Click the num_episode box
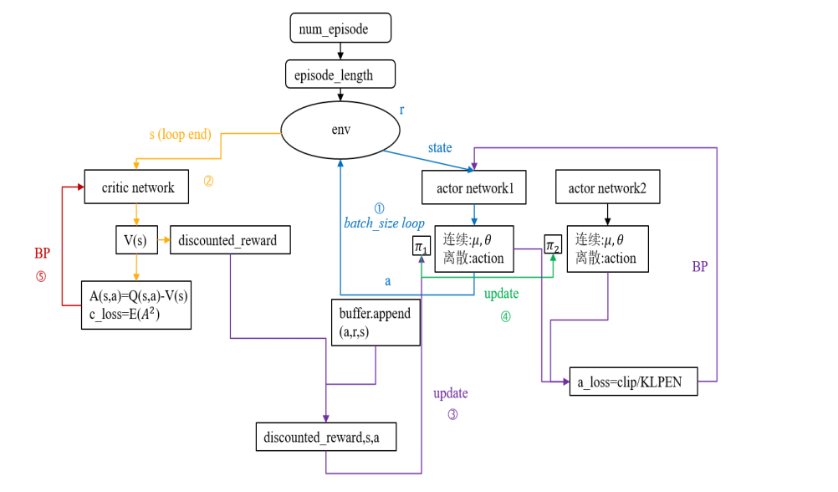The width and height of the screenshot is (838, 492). tap(340, 28)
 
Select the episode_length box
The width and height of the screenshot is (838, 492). tap(340, 74)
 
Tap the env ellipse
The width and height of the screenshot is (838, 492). tap(340, 131)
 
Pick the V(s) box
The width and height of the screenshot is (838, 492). tap(135, 241)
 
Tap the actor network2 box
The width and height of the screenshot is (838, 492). tap(608, 188)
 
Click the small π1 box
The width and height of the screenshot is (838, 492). tap(421, 246)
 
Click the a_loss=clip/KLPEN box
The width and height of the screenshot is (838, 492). tap(633, 381)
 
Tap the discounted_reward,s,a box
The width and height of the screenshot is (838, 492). tap(325, 437)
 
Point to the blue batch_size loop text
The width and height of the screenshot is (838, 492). tap(384, 223)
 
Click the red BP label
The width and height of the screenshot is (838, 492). tap(43, 254)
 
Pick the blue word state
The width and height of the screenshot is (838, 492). tap(440, 148)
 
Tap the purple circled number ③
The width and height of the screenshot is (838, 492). tap(452, 413)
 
